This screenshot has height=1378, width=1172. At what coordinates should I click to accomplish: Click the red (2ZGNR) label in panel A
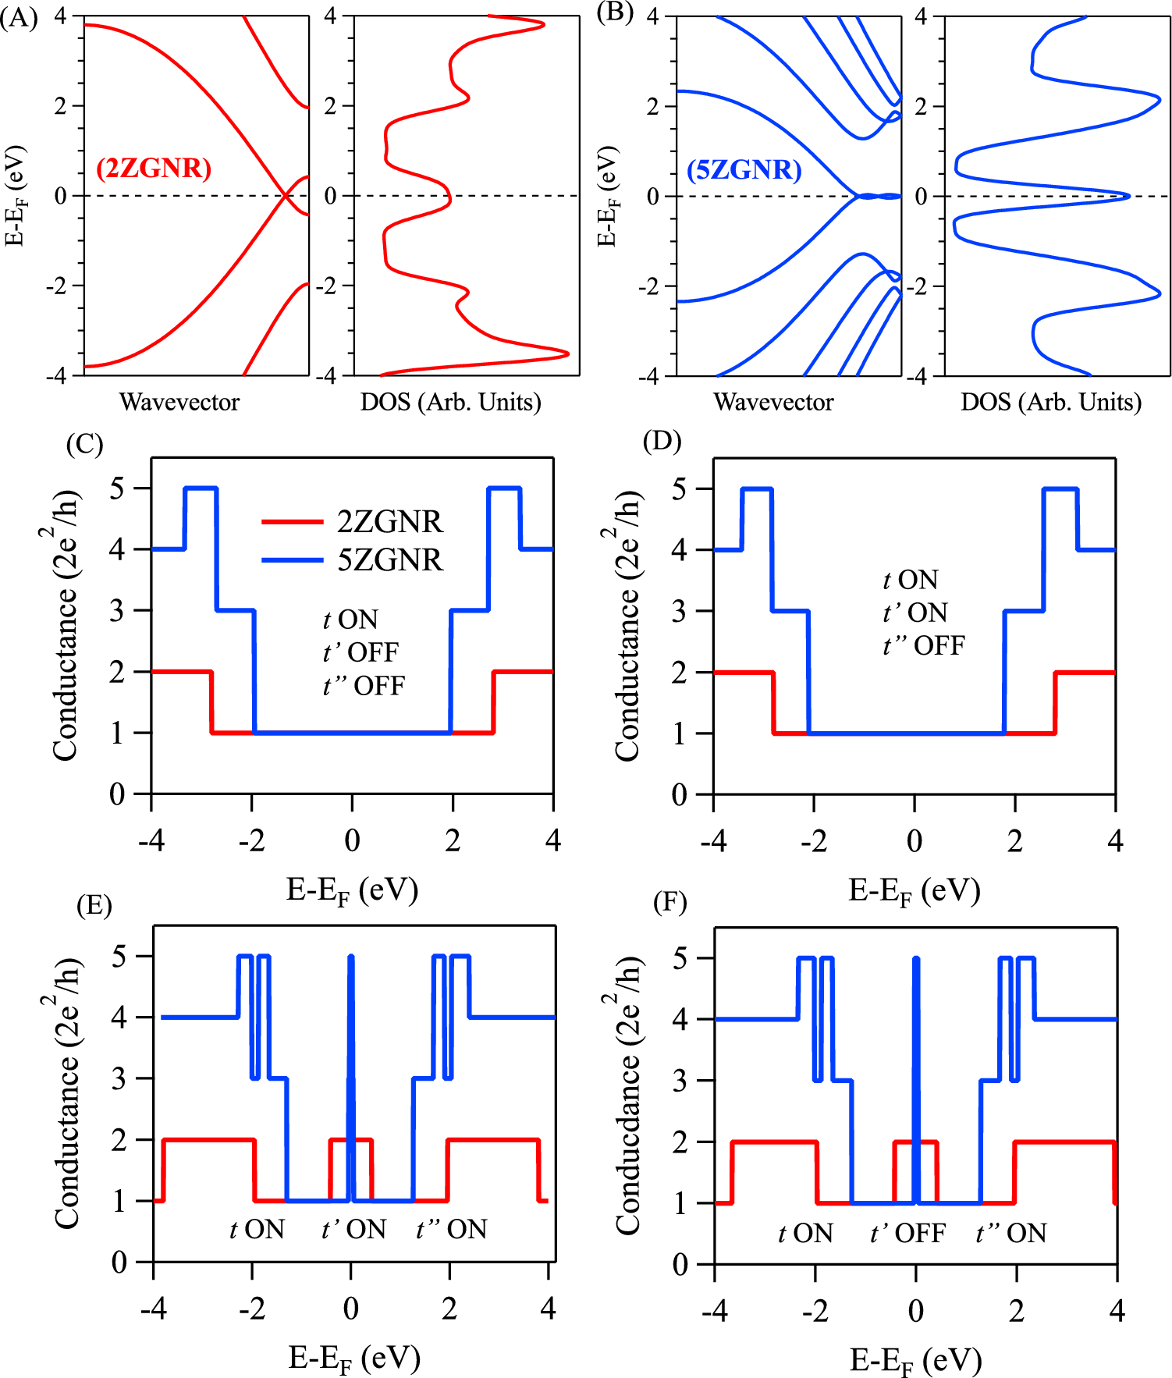pos(154,169)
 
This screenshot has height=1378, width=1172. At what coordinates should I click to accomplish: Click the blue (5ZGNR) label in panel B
pos(744,169)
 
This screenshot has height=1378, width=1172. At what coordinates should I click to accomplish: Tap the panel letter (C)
pos(84,444)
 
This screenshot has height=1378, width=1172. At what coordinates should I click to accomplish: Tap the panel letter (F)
pos(669,902)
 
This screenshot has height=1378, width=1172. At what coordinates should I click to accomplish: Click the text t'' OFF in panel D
pos(923,645)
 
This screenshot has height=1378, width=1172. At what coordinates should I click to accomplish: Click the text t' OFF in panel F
pos(907,1233)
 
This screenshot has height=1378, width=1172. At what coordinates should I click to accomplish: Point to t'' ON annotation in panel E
pos(451,1229)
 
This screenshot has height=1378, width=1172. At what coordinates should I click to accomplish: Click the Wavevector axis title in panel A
pos(179,402)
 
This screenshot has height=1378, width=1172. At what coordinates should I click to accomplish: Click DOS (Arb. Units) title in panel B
pos(1050,402)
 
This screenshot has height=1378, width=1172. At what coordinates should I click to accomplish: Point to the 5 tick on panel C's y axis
pos(117,488)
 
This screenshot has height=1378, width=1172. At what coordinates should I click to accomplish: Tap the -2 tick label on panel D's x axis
pos(813,841)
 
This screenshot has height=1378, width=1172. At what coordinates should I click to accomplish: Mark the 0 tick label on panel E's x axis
pos(351,1309)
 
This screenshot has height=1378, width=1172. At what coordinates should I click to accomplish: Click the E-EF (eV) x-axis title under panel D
pos(914,890)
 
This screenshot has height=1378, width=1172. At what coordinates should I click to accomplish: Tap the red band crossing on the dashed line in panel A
pos(286,195)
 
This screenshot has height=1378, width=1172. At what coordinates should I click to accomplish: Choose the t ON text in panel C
pos(350,619)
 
